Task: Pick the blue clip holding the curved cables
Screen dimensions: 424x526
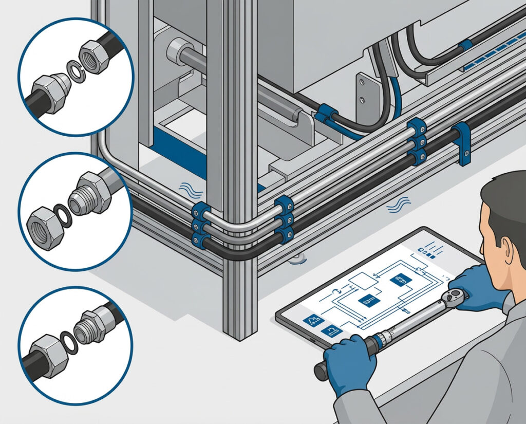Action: (x=325, y=114)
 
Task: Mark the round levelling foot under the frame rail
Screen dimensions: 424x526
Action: (x=296, y=260)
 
